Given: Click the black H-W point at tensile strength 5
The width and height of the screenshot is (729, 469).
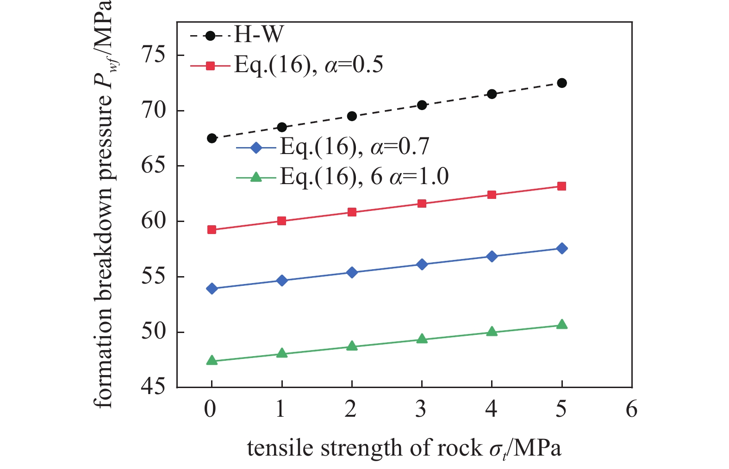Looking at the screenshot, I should tap(561, 83).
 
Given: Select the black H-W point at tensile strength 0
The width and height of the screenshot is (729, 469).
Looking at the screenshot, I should tap(212, 138).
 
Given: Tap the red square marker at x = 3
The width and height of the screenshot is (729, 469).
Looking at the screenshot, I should tap(422, 204).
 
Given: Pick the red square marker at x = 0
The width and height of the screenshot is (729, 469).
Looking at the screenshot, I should tap(212, 230).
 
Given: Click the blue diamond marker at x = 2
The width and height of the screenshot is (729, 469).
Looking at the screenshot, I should tap(352, 272).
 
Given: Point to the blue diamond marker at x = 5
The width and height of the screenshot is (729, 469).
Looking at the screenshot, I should tap(561, 248).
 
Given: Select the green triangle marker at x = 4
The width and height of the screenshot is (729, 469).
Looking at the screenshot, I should tap(492, 332).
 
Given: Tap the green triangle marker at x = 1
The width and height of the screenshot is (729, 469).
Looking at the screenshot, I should tap(282, 353).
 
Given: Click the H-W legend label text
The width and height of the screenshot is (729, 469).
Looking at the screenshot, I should tap(258, 35).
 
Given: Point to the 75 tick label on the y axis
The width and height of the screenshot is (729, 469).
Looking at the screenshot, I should tap(153, 56).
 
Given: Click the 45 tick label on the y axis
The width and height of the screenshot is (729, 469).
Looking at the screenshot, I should tap(153, 387).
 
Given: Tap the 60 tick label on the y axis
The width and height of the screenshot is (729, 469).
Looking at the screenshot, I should tap(153, 221).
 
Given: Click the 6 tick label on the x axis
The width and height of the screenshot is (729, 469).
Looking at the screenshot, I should tap(631, 409).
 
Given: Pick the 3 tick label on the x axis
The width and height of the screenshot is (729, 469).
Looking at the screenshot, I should tap(421, 409).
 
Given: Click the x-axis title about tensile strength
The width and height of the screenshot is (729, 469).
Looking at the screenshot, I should tap(404, 448).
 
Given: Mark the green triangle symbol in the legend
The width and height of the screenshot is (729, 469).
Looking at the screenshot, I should tap(256, 177).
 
